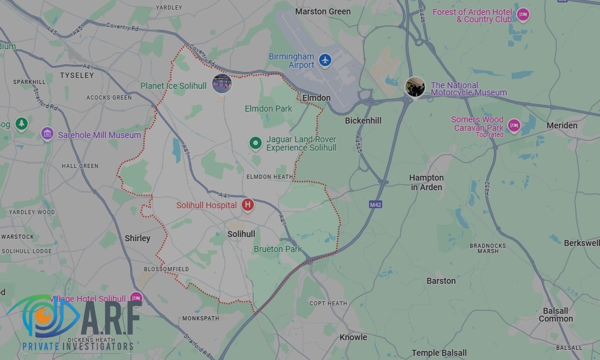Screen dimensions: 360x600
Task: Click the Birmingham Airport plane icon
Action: coord(325,60)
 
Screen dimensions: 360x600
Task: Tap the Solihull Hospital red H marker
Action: coord(247,205)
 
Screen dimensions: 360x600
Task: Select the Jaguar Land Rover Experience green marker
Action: coord(256,143)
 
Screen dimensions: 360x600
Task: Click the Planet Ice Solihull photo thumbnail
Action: coord(222,83)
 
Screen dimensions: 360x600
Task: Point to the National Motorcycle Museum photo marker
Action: coord(415,87)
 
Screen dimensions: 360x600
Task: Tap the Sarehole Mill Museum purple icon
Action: coord(47,133)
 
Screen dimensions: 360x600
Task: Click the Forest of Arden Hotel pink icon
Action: coord(523,14)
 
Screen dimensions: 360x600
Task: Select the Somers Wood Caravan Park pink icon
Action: coord(514,125)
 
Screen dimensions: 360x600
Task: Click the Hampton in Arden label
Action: coord(427,182)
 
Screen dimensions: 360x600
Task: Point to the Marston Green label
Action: coord(323,11)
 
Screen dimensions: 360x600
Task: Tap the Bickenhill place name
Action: coord(363,121)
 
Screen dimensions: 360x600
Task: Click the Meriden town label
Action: coord(562,125)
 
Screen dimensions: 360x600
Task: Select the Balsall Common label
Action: coord(556,315)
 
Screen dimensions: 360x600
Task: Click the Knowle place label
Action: coord(353,337)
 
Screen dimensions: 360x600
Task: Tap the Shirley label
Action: coord(137,238)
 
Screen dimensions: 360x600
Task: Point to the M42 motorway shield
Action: coord(376,205)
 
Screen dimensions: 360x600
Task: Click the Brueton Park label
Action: coord(278,249)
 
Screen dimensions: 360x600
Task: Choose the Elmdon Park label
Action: coord(268,109)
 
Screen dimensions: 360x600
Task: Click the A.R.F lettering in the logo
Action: coord(111,319)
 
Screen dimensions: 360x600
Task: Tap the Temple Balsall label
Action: coord(439,353)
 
